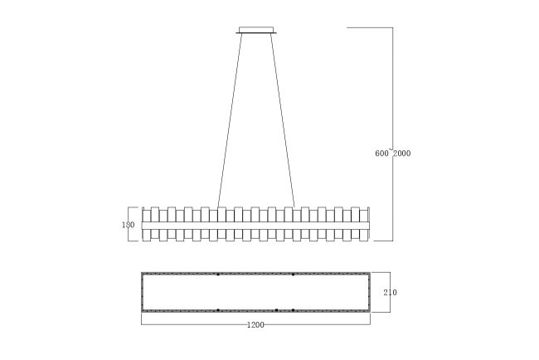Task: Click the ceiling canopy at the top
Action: coord(256,30)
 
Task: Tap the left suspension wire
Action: coord(230,120)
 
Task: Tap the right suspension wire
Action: coord(283,120)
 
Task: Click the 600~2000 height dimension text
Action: coord(392,153)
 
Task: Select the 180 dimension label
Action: coord(129,225)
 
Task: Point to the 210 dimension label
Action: coord(391,292)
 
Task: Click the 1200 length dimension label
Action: coord(255,325)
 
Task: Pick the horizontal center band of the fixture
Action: coord(255,226)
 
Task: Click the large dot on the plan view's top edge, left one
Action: coord(218,275)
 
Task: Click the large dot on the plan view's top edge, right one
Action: coord(293,275)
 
